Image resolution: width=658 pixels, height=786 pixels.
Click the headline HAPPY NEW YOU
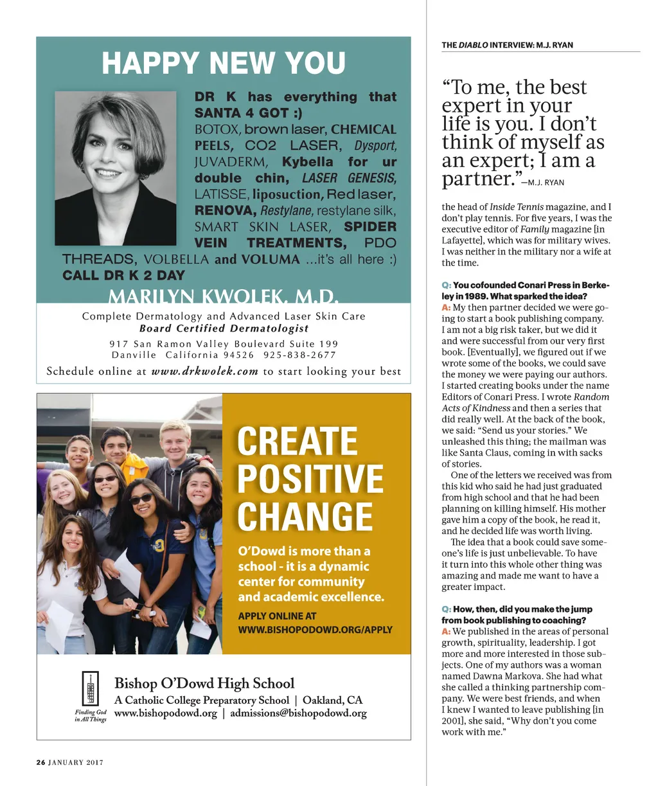click(x=224, y=64)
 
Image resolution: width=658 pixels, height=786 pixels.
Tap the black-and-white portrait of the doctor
click(x=116, y=159)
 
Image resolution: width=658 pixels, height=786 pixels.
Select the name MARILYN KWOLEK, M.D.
click(x=223, y=296)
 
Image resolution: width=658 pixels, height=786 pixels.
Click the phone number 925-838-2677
click(x=300, y=355)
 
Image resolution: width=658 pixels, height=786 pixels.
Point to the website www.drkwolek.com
click(x=204, y=371)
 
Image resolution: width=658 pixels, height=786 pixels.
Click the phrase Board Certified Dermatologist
click(x=224, y=328)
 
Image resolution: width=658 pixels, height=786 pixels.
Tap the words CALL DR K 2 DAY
click(x=123, y=276)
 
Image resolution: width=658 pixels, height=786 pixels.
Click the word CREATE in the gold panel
click(x=297, y=442)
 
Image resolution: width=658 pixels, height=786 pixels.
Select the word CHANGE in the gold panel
click(x=305, y=517)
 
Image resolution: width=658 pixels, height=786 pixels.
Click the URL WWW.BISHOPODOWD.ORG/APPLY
click(x=315, y=630)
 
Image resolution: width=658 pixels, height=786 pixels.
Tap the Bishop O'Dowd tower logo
click(x=91, y=688)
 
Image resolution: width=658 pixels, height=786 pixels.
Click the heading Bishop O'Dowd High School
click(x=204, y=683)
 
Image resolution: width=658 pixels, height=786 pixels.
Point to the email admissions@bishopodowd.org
click(x=298, y=713)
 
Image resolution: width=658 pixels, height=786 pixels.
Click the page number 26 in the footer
click(x=40, y=763)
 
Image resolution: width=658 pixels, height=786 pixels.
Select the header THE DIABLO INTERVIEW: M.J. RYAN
click(x=507, y=45)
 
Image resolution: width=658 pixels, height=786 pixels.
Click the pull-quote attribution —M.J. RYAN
click(x=542, y=183)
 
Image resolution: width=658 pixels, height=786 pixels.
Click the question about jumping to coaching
click(x=517, y=614)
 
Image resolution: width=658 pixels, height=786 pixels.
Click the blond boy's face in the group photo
click(x=175, y=440)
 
